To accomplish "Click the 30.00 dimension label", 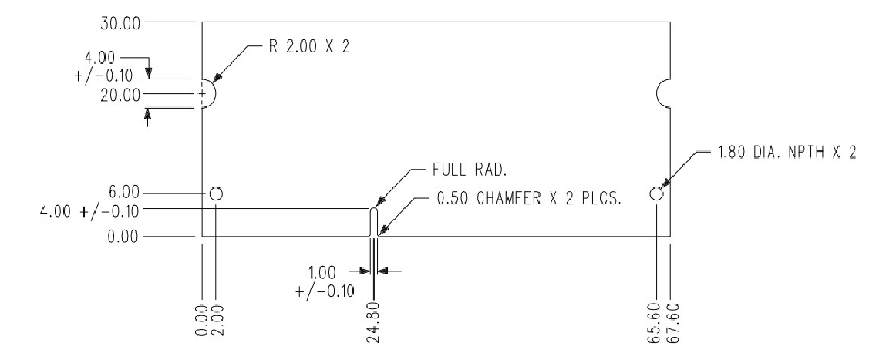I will [x=120, y=22].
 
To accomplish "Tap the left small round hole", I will [x=216, y=193].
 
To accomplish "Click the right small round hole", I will [x=656, y=193].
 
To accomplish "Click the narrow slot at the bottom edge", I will [x=374, y=222].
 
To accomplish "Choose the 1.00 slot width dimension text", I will [x=322, y=271].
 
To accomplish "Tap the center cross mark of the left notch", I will [x=202, y=94].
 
